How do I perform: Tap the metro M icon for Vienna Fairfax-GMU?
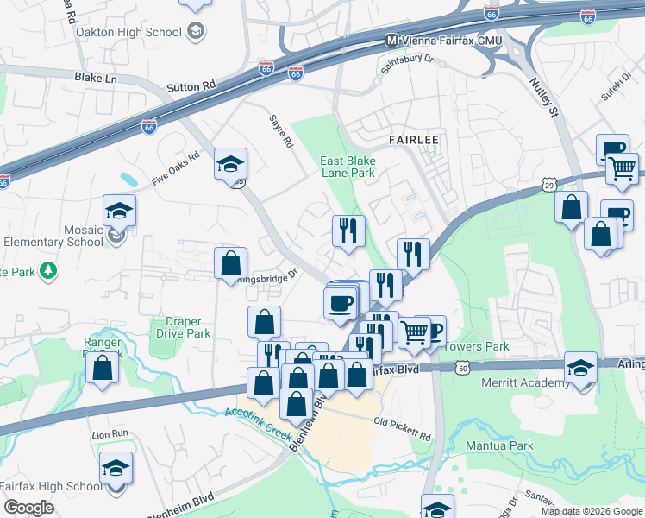coord(391,41)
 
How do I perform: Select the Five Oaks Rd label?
coord(175,168)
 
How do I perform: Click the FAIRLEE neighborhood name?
coord(414,139)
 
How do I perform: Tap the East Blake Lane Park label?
coord(348,167)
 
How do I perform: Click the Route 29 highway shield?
coord(549,184)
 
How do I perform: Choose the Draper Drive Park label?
coord(182,327)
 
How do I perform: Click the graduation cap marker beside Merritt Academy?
coord(580,367)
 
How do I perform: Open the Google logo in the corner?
coord(28,507)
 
